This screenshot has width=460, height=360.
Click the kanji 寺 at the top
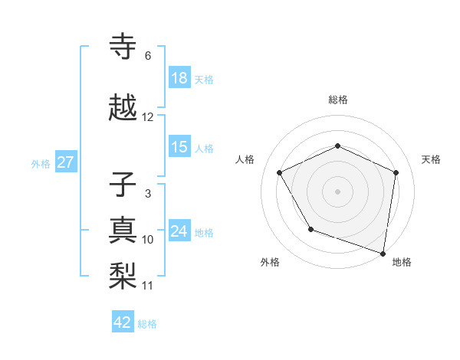click(x=123, y=47)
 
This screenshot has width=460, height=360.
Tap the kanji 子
click(x=123, y=185)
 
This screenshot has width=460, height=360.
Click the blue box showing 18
click(x=179, y=77)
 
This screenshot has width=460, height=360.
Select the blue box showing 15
click(x=179, y=147)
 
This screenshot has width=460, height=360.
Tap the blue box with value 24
click(x=179, y=231)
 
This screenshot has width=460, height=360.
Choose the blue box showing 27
click(x=65, y=162)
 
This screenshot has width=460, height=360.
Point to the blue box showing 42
click(x=123, y=322)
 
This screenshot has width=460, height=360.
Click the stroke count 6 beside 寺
click(x=147, y=56)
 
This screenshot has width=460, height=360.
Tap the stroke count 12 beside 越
click(x=148, y=117)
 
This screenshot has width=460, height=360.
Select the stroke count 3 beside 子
click(x=147, y=194)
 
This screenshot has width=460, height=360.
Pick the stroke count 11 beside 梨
click(x=148, y=286)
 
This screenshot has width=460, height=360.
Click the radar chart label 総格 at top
click(x=337, y=100)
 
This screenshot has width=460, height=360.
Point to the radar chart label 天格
click(x=431, y=159)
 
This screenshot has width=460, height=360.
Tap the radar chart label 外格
click(x=270, y=262)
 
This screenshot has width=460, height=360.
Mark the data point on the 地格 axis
click(x=383, y=253)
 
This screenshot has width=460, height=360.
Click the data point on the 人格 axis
click(x=280, y=173)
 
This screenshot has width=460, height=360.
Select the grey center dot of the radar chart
click(x=337, y=191)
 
